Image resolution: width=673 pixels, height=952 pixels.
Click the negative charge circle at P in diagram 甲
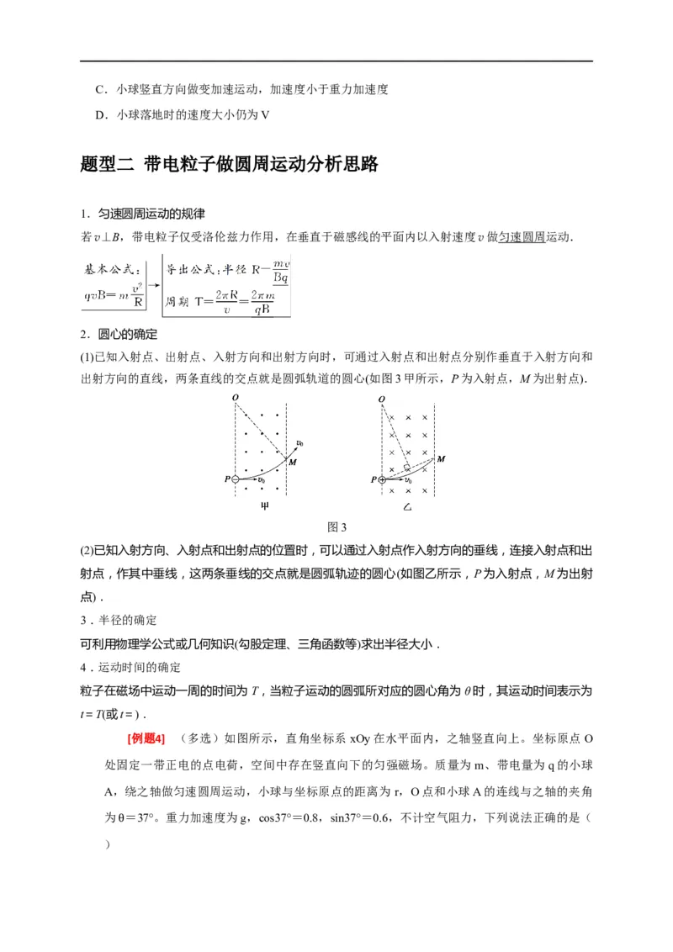click(x=236, y=479)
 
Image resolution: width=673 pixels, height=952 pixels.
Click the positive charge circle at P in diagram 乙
click(x=383, y=479)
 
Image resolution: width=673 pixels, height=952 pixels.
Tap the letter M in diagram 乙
click(x=441, y=458)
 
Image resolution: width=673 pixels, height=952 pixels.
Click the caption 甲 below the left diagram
click(x=262, y=508)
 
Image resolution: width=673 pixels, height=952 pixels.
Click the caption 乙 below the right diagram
click(x=409, y=508)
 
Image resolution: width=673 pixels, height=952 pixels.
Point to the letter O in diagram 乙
click(x=382, y=399)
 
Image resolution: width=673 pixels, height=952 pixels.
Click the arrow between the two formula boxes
click(x=153, y=284)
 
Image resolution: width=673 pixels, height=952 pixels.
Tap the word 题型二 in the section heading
click(x=106, y=164)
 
